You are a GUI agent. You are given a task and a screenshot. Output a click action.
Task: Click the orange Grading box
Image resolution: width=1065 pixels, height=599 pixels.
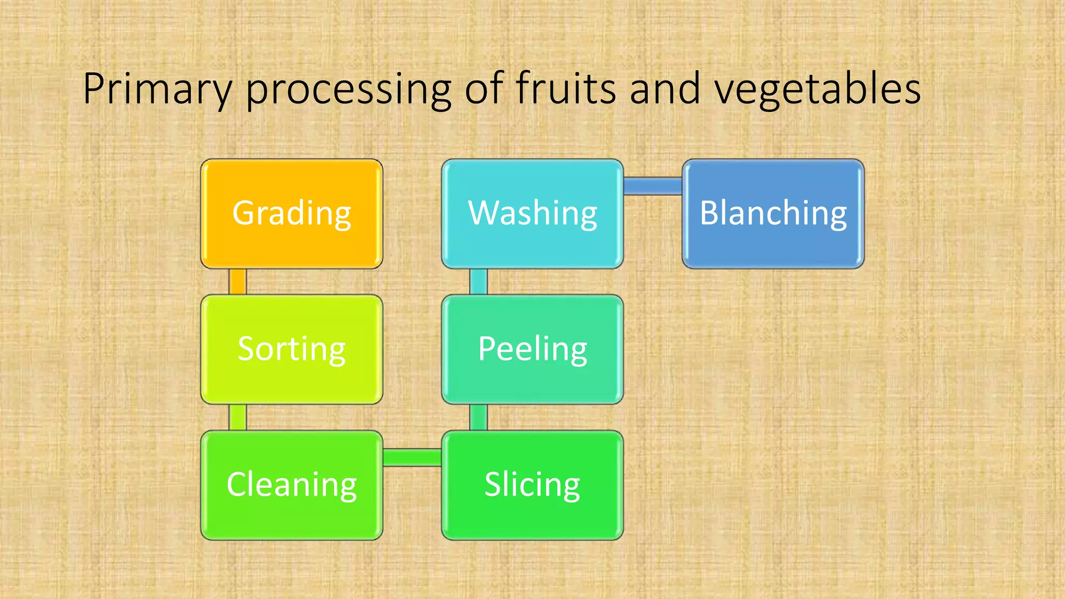291,214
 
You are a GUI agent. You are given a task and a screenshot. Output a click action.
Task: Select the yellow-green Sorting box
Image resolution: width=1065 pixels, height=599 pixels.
291,349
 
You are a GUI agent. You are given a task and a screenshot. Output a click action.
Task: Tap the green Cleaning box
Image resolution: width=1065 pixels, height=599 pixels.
291,485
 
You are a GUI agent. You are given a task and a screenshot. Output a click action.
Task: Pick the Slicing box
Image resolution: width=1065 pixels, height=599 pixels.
532,485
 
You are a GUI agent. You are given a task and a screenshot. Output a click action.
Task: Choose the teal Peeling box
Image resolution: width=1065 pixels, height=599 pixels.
532,349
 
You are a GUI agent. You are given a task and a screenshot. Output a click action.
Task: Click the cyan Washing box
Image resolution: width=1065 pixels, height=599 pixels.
532,214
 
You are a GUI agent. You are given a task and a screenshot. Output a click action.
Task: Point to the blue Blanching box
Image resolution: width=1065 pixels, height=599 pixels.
773,214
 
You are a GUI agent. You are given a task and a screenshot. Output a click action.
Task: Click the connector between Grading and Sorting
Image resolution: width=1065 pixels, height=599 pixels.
238,282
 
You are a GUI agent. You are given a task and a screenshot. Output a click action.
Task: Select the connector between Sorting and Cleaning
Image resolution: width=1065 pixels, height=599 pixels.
238,418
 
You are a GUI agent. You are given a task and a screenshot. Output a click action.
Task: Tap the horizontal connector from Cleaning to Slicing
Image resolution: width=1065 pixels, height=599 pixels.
412,457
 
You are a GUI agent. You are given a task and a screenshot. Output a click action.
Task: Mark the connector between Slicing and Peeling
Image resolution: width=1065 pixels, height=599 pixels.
478,418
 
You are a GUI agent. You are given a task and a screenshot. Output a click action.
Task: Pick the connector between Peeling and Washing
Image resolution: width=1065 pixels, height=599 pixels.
478,282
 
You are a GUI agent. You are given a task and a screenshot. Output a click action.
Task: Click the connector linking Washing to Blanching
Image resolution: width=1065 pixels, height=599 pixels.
653,186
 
